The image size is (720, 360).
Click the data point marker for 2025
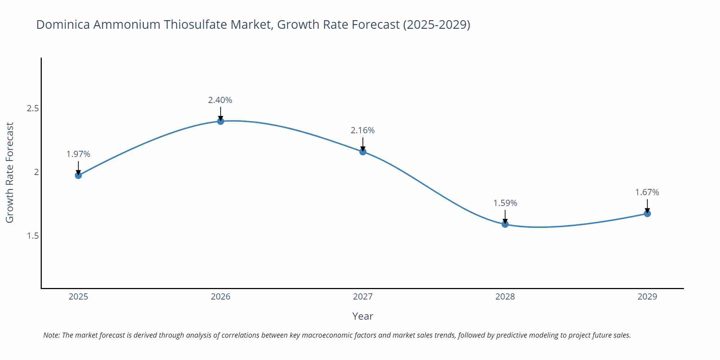tap(78, 175)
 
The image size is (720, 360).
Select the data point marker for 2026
tap(220, 121)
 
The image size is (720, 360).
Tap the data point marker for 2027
tap(363, 152)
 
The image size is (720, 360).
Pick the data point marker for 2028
tap(505, 224)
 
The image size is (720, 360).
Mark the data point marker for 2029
tap(647, 213)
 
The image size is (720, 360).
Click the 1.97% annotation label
tap(78, 154)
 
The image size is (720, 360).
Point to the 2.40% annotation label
tap(220, 100)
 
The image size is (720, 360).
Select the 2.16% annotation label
tap(363, 130)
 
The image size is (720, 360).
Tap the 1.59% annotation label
tap(505, 203)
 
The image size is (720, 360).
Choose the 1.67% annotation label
tap(647, 192)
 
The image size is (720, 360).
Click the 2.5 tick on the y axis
tap(33, 108)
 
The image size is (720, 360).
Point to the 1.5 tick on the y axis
tap(33, 236)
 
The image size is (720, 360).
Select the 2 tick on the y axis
tap(36, 172)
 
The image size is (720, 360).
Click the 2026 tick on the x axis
tap(220, 297)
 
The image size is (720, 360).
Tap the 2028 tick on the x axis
tap(505, 297)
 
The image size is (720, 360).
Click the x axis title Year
tap(363, 316)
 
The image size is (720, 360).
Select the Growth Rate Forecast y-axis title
tap(10, 172)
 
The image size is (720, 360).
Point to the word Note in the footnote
tap(51, 335)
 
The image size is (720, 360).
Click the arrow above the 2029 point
tap(647, 206)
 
